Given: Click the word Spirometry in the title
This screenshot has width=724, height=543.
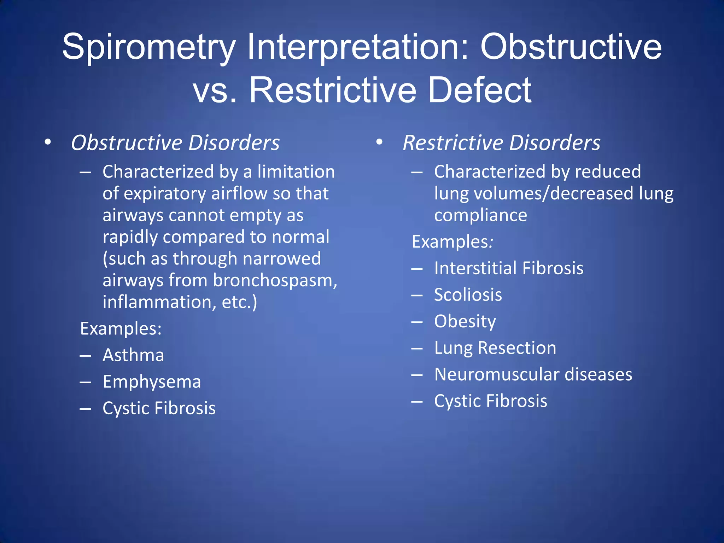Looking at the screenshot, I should pos(148,48).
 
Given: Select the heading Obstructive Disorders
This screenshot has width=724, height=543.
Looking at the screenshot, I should pos(175,143).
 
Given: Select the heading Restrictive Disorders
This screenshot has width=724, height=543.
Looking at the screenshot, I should pos(501,143).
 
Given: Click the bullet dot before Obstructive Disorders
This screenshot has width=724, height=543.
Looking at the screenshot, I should pos(48,142).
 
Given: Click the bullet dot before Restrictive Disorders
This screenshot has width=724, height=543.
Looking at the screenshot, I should pos(379,142).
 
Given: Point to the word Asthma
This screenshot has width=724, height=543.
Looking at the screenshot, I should pos(133,355).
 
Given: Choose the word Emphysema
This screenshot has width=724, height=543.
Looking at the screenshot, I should pos(152,382).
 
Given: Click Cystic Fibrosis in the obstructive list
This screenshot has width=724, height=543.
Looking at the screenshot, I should pos(159,408).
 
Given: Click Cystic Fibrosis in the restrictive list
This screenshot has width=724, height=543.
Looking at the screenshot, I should pos(491,401).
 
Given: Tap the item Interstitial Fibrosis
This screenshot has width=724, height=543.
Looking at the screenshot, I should pos(509,268).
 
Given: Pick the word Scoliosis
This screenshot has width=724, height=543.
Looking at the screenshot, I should pos(468,295).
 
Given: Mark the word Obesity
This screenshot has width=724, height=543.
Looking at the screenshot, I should pos(465,321).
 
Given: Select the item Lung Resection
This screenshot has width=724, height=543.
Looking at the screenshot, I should pos(495,348).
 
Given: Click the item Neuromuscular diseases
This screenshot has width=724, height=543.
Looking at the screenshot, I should pos(533,374).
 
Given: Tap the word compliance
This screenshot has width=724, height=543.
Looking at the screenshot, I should pos(480,215).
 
